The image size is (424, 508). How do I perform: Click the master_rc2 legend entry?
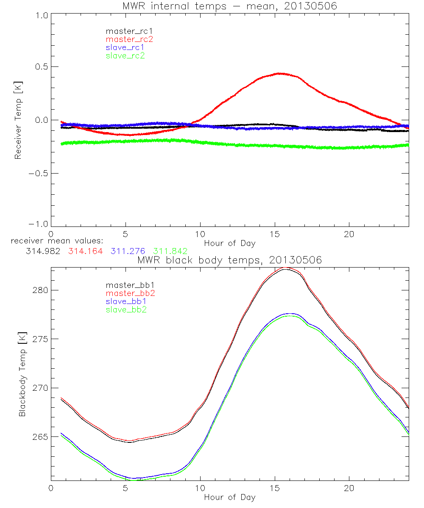click(129, 39)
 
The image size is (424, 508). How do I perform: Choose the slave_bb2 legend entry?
click(127, 310)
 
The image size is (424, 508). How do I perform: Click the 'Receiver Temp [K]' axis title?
click(18, 120)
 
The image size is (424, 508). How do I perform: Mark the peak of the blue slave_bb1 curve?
click(290, 314)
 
